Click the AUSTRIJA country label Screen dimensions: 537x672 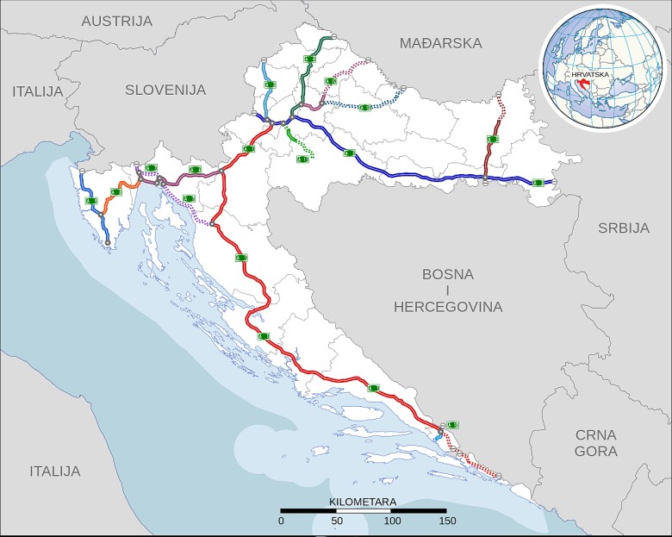point(116,20)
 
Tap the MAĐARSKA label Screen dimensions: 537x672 point(440,43)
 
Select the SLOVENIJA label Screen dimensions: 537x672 point(165,90)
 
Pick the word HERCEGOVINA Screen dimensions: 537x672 point(448,306)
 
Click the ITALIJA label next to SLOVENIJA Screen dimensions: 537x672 point(38,91)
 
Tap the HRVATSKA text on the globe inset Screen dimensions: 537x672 point(584,75)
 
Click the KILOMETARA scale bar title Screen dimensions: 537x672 point(362,501)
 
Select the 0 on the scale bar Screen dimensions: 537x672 point(281,521)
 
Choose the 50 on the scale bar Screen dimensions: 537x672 point(336,521)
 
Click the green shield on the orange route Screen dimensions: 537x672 point(116,192)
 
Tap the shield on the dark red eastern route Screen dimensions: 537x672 point(492,139)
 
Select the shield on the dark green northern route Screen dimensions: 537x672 point(308,59)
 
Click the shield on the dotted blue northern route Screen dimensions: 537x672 point(364,107)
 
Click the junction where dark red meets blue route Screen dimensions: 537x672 point(486,178)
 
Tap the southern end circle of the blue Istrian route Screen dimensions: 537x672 point(107,243)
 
